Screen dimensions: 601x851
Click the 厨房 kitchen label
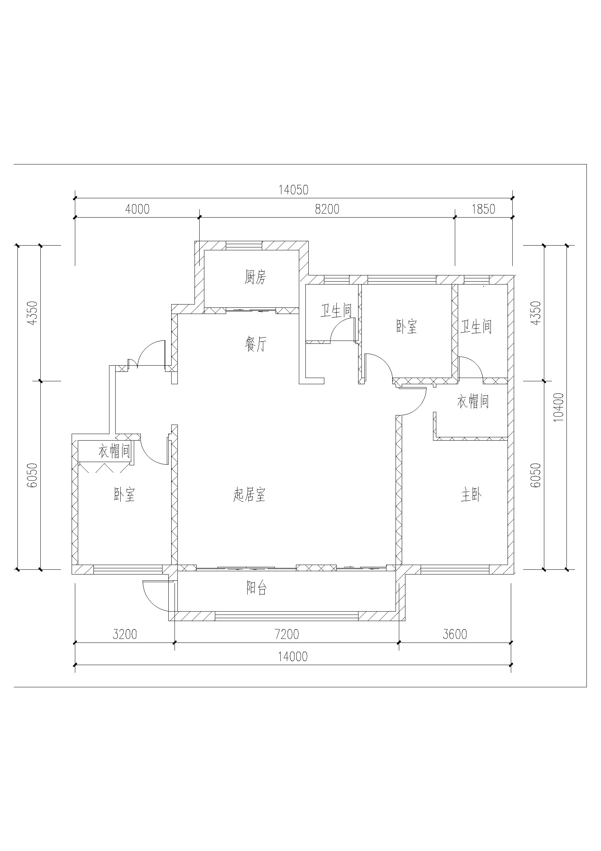(255, 277)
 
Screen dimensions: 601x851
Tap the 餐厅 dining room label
(255, 344)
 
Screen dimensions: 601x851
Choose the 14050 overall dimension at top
(294, 190)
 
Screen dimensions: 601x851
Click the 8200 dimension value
(327, 209)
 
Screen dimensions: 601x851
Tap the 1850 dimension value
(484, 209)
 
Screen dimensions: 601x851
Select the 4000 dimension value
(137, 209)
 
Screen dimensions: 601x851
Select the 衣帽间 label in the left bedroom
(115, 452)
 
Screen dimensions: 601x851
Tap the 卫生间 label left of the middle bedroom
(336, 311)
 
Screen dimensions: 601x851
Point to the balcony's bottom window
(287, 616)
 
